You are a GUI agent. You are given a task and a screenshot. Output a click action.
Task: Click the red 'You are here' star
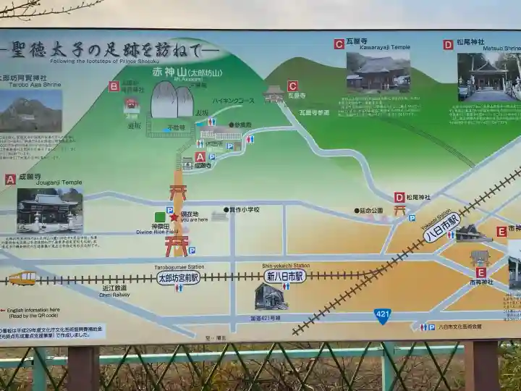pyautogui.click(x=174, y=216)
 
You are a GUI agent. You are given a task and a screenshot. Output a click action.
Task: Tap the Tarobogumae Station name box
pyautogui.click(x=178, y=277)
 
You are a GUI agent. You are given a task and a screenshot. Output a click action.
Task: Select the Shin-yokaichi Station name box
pyautogui.click(x=284, y=276)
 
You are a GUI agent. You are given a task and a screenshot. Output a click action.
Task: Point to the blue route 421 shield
pyautogui.click(x=383, y=316)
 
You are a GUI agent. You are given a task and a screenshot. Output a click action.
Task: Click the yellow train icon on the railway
pyautogui.click(x=22, y=278)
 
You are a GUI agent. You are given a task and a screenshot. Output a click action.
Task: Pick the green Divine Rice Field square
pyautogui.click(x=160, y=216)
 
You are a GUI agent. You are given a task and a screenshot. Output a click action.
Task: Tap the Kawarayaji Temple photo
pyautogui.click(x=378, y=70)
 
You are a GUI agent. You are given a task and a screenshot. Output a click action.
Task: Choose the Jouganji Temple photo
pyautogui.click(x=49, y=210)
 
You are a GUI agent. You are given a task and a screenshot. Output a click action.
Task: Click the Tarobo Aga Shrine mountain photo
pyautogui.click(x=30, y=110)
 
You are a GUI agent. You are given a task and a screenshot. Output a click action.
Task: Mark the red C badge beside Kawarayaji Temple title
pyautogui.click(x=339, y=43)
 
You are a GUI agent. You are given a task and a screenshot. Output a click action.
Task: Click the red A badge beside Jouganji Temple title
pyautogui.click(x=10, y=179)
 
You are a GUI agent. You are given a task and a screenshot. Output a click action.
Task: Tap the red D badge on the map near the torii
pyautogui.click(x=399, y=197)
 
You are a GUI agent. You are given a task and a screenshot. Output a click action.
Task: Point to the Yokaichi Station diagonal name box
pyautogui.click(x=441, y=227)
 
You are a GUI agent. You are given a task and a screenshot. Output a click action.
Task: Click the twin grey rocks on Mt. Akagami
pyautogui.click(x=171, y=99)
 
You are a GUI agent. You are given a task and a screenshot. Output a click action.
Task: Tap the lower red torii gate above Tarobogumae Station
pyautogui.click(x=177, y=245)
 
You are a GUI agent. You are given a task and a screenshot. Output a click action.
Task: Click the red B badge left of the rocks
pyautogui.click(x=114, y=86)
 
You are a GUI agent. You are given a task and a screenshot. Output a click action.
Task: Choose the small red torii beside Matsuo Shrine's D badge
pyautogui.click(x=400, y=211)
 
